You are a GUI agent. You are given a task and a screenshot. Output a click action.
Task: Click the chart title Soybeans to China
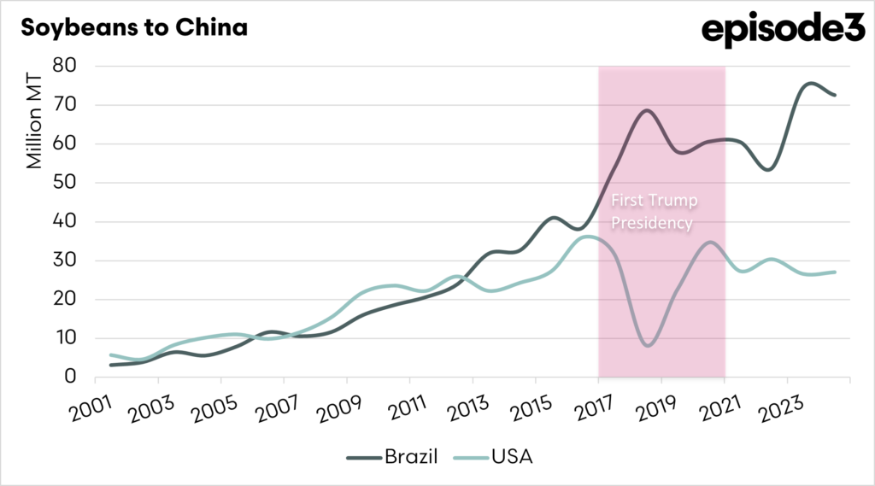pyautogui.click(x=134, y=28)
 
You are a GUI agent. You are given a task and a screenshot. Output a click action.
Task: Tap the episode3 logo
pyautogui.click(x=778, y=31)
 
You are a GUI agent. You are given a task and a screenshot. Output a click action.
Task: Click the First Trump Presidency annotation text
pyautogui.click(x=654, y=211)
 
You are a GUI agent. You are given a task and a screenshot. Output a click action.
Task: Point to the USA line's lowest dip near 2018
pyautogui.click(x=647, y=345)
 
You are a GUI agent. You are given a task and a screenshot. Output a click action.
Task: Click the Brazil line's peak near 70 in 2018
pyautogui.click(x=646, y=110)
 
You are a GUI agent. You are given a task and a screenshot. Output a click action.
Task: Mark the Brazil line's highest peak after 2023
pyautogui.click(x=810, y=84)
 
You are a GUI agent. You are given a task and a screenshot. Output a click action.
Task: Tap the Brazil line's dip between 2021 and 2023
pyautogui.click(x=767, y=169)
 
